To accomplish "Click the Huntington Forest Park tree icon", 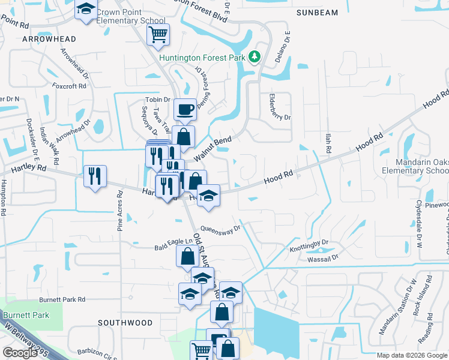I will coord(256,56).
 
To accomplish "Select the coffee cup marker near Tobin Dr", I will coord(185,110).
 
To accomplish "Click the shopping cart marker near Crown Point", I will coord(158,35).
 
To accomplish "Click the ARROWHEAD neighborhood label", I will coord(49,39).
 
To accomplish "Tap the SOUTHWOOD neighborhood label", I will coord(125,323).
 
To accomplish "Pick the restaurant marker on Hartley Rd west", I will coord(95,176).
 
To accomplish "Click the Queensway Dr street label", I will coord(220,229).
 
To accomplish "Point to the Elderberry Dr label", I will coord(280,109).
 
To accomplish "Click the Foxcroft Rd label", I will coord(69,86).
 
